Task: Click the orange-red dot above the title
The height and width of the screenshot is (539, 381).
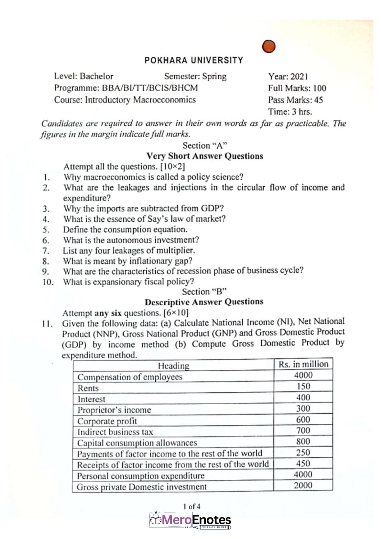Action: coord(268,46)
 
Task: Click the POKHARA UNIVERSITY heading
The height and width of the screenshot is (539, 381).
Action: coord(194,60)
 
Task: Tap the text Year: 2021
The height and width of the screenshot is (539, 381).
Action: coord(288,77)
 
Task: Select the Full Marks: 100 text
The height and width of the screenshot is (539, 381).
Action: coord(297,88)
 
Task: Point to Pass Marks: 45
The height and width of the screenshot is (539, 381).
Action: coord(295,100)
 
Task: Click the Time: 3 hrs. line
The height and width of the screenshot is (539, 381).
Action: coord(290,112)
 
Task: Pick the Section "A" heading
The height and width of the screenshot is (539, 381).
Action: coord(205,146)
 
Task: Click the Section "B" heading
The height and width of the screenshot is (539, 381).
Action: coord(204,291)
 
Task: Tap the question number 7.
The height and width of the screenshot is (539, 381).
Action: coord(46,251)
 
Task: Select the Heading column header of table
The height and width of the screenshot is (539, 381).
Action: coord(174,366)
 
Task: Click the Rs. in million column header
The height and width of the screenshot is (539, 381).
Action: coord(303,364)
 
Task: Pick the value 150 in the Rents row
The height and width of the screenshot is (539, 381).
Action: coord(303,387)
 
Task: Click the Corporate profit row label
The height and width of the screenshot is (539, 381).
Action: coord(107,421)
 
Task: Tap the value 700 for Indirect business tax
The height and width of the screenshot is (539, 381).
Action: coord(303,430)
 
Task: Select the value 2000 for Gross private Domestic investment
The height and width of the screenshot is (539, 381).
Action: coord(303,485)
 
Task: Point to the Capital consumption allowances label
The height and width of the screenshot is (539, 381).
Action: coord(137,443)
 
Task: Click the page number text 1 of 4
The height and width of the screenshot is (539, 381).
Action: coord(192,507)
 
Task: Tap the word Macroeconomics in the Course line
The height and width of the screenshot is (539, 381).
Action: coord(164,100)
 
